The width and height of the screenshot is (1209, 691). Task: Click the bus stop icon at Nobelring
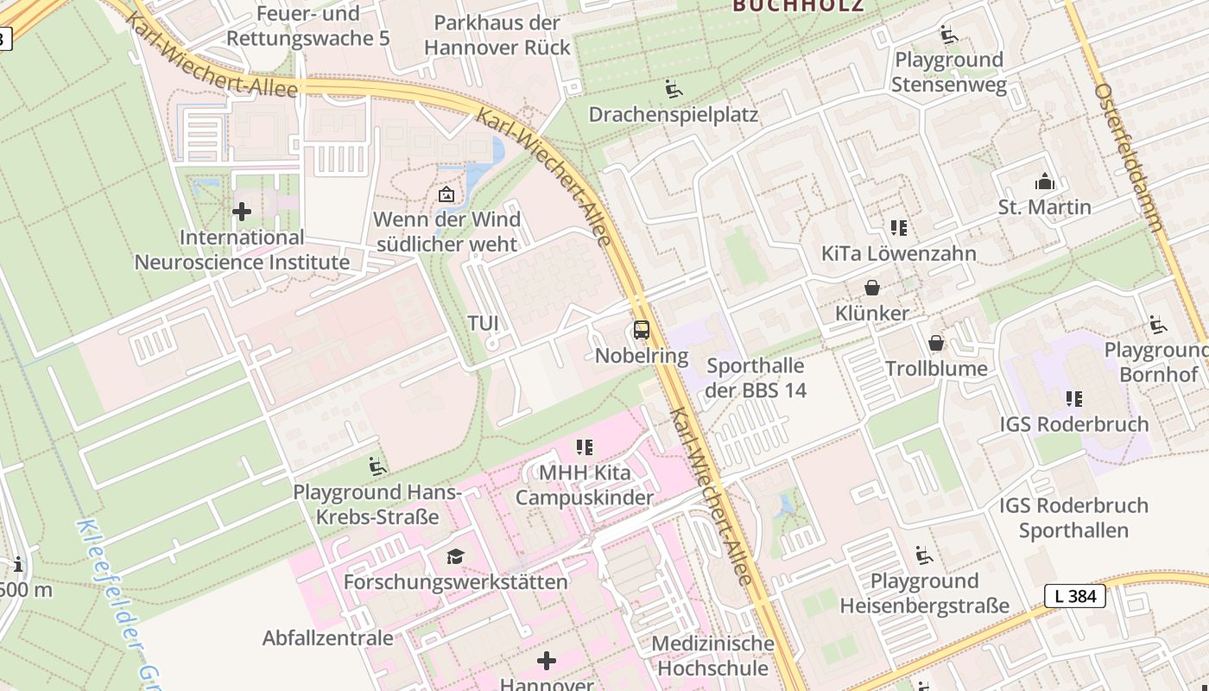click(x=641, y=329)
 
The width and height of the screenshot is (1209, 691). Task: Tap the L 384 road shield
click(x=1074, y=596)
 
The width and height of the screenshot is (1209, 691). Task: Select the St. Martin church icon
click(x=1044, y=182)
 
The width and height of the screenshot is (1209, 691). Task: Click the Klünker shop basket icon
click(x=872, y=288)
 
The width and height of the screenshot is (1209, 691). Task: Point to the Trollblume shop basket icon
click(x=936, y=344)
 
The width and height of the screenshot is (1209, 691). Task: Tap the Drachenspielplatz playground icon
click(x=673, y=89)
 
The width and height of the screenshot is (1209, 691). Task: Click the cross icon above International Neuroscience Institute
click(x=242, y=212)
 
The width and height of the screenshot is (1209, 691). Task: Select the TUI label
click(x=483, y=323)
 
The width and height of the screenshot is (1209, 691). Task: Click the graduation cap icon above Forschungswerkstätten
click(x=455, y=556)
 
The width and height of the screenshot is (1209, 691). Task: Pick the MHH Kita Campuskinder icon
click(x=585, y=447)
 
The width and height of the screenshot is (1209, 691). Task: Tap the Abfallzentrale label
click(x=327, y=638)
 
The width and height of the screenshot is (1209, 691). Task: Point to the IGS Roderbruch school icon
click(x=1073, y=399)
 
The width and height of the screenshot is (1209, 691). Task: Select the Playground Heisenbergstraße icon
click(x=924, y=555)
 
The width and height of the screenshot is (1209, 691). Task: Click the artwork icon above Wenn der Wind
click(x=446, y=194)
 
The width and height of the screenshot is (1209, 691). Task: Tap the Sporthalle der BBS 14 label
click(x=756, y=377)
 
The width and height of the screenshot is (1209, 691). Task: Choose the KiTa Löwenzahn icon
click(x=899, y=228)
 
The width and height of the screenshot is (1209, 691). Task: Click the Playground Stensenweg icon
click(x=948, y=35)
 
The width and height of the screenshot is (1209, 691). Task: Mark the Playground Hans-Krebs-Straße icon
click(x=377, y=466)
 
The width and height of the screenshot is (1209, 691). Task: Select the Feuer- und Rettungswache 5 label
click(x=307, y=27)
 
